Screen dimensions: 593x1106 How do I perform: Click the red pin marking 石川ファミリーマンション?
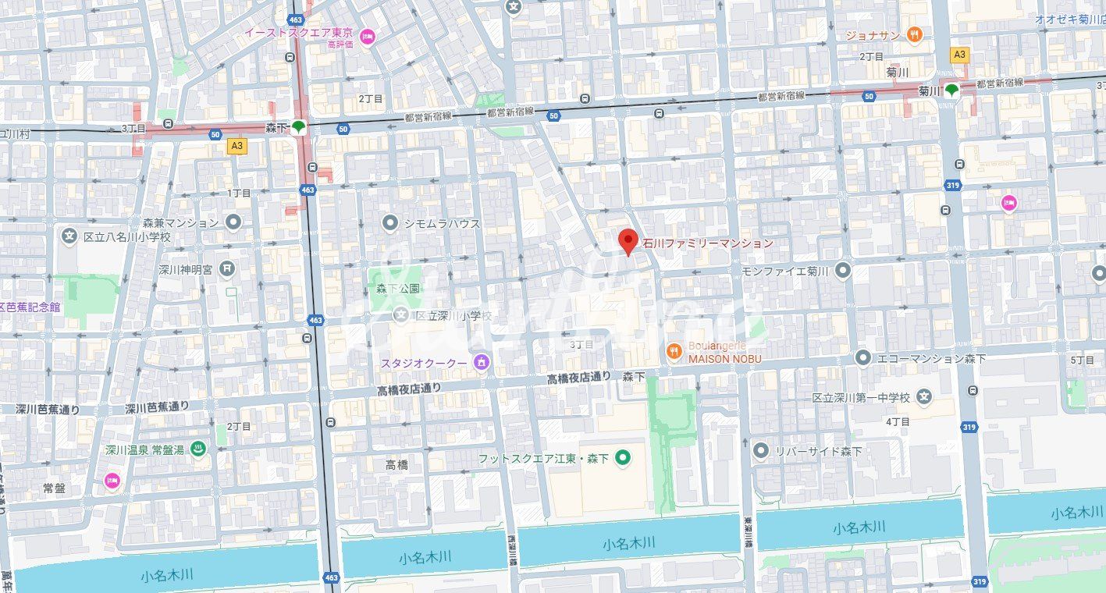pyautogui.click(x=628, y=242)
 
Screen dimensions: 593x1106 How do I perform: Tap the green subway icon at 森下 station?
pyautogui.click(x=298, y=126)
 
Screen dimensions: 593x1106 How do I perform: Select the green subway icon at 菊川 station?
pyautogui.click(x=951, y=90)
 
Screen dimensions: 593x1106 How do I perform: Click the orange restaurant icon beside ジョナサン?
pyautogui.click(x=915, y=34)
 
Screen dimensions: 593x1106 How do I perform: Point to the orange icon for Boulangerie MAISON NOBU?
pyautogui.click(x=674, y=352)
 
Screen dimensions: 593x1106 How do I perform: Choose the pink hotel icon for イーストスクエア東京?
pyautogui.click(x=367, y=34)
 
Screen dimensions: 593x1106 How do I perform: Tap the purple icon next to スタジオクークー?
pyautogui.click(x=482, y=363)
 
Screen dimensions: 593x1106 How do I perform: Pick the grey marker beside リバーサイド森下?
pyautogui.click(x=761, y=450)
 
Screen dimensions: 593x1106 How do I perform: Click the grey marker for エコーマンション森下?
pyautogui.click(x=862, y=358)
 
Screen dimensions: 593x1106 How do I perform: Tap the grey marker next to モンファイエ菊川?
pyautogui.click(x=842, y=271)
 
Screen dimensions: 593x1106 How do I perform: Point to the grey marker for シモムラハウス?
pyautogui.click(x=390, y=223)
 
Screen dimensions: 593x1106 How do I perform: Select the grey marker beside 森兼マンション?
pyautogui.click(x=233, y=222)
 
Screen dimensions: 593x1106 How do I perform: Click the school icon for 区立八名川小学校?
pyautogui.click(x=70, y=236)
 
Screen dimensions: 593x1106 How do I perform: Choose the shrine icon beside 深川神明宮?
pyautogui.click(x=227, y=269)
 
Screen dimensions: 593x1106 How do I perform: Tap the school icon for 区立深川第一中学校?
pyautogui.click(x=924, y=397)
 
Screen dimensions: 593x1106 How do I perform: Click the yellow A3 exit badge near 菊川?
pyautogui.click(x=959, y=55)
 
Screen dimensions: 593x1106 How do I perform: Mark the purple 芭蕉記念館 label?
pyautogui.click(x=30, y=307)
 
